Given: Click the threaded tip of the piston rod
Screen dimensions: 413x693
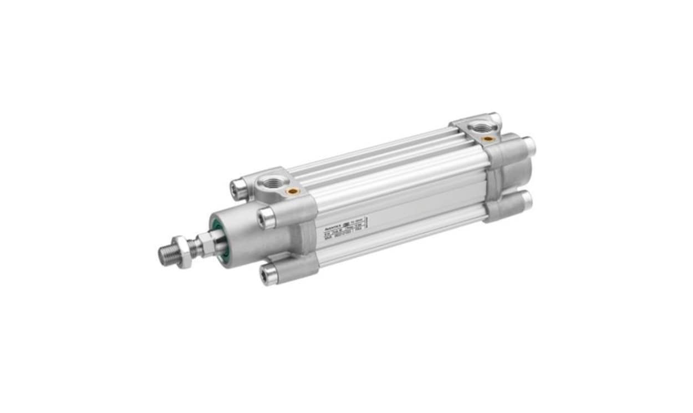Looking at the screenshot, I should pos(167,256).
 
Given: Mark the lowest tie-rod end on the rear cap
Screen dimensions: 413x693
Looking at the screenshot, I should pos(526,200).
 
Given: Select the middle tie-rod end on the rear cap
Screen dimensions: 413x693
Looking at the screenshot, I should pos(529,146).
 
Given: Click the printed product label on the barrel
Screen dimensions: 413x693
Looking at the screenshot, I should pos(343,228).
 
